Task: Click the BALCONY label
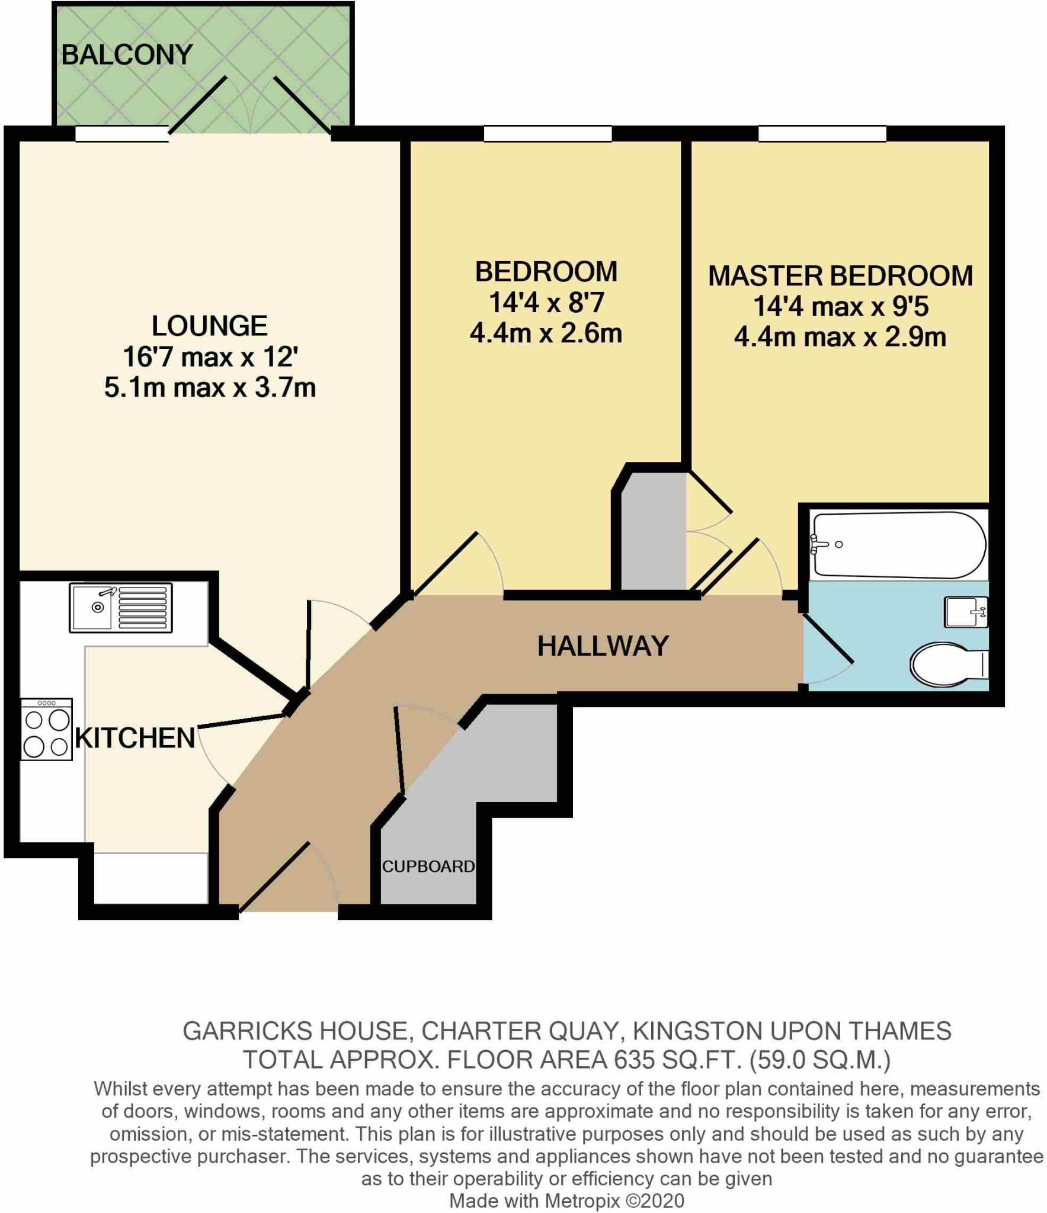127,55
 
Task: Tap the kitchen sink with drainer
120,608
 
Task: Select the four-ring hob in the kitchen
47,729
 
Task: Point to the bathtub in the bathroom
899,545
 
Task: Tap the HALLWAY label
603,646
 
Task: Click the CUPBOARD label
428,867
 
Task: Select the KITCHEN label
135,739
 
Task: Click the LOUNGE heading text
210,326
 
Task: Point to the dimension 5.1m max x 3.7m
210,388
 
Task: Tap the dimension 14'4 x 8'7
546,303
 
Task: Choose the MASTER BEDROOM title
840,276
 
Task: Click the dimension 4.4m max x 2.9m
840,338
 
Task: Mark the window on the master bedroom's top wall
822,134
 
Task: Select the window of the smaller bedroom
547,134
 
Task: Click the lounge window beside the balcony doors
122,134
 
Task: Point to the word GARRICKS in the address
248,1031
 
